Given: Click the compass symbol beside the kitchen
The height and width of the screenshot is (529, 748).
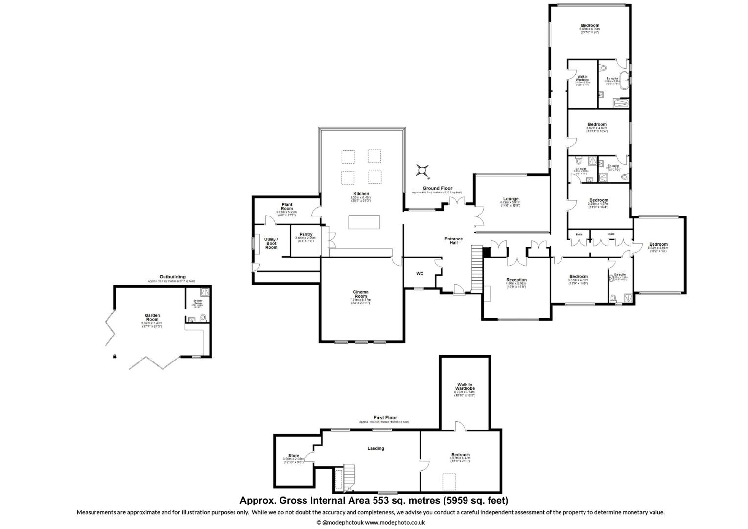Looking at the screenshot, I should point(422,170).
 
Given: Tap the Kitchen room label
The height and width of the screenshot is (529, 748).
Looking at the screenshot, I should point(361,194).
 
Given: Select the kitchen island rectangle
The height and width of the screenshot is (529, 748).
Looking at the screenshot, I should point(364,222).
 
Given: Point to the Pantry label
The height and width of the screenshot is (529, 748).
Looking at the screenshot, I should point(306,234).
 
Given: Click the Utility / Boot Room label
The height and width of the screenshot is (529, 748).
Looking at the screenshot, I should point(271,243).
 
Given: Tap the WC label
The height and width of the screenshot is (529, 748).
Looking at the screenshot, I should point(420,273).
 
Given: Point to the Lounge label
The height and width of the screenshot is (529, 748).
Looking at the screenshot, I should point(511,199).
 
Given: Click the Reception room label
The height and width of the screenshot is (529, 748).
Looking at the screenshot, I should point(516,280).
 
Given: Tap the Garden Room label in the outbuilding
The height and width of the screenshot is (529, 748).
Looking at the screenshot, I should point(152,317).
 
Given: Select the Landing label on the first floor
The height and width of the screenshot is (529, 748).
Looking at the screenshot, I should point(375,448).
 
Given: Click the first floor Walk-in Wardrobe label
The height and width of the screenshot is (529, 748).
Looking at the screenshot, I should point(465,386).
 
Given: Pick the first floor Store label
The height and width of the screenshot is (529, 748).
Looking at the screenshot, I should point(293,456).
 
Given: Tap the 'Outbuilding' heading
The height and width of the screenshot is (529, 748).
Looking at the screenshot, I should point(172,277).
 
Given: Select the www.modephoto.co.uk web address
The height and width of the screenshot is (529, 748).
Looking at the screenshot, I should point(395,523).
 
